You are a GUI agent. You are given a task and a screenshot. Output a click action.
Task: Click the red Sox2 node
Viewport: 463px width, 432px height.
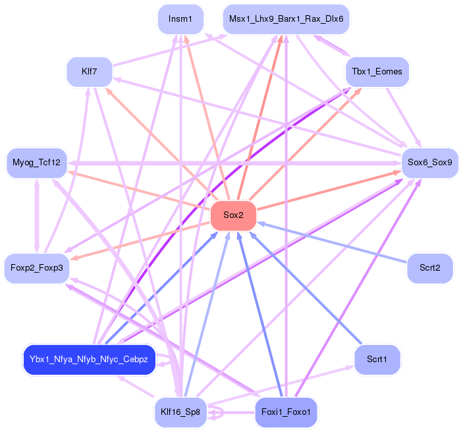pos(233,215)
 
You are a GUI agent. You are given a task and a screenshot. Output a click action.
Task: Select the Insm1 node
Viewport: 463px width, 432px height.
pos(180,19)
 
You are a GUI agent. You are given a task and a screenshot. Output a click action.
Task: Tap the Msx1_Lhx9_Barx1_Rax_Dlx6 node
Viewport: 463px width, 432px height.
pos(286,19)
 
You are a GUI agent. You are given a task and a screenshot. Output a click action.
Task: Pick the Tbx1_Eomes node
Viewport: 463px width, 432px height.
pos(377,71)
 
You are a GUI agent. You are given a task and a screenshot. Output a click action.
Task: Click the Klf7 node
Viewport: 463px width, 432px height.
pos(90,71)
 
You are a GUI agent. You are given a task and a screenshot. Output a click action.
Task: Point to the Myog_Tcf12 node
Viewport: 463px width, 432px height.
pos(36,162)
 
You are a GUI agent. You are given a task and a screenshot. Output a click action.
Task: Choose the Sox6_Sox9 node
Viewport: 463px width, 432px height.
pos(429,162)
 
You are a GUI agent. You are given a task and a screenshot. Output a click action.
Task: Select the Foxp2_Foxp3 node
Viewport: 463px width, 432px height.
pos(36,268)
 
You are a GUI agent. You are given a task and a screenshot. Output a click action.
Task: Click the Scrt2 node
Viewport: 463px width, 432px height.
pos(429,268)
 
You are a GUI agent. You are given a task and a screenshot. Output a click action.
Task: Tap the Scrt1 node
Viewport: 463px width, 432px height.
pos(377,360)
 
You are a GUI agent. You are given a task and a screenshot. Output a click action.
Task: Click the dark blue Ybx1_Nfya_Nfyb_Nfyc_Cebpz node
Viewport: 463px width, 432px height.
pos(90,360)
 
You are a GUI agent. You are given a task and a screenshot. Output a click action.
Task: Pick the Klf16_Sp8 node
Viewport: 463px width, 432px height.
pos(180,413)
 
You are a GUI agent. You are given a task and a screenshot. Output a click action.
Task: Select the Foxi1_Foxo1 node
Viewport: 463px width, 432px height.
pos(286,413)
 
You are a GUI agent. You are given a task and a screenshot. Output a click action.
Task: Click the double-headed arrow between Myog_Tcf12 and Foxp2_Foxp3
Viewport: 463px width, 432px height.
pos(36,215)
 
